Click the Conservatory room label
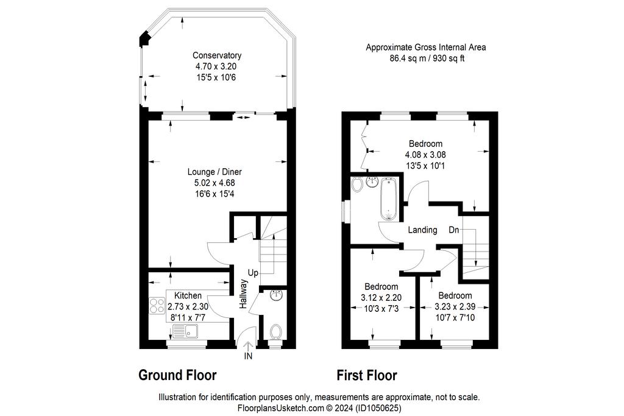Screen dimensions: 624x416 pos(217,55)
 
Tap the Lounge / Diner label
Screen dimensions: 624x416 pos(214,172)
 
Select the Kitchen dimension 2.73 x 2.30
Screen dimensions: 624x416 pos(188,306)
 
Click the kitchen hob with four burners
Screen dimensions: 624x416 pos(157,305)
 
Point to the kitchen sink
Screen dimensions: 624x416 pos(185,331)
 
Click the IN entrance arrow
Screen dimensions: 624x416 pos(248,346)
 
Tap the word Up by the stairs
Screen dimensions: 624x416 pos(253,273)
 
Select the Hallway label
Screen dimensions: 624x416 pos(243,294)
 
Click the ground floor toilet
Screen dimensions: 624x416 pos(275,332)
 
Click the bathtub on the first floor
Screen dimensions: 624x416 pos(388,199)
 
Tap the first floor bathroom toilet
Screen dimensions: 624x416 pos(357,184)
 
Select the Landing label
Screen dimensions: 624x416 pos(423,230)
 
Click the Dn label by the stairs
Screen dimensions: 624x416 pos(454,230)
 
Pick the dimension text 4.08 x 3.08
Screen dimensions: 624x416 pos(425,154)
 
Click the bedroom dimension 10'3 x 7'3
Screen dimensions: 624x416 pos(381,308)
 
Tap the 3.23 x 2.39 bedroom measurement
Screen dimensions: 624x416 pos(455,306)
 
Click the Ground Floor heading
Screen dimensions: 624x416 pos(177,375)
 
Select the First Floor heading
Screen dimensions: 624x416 pos(367,375)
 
